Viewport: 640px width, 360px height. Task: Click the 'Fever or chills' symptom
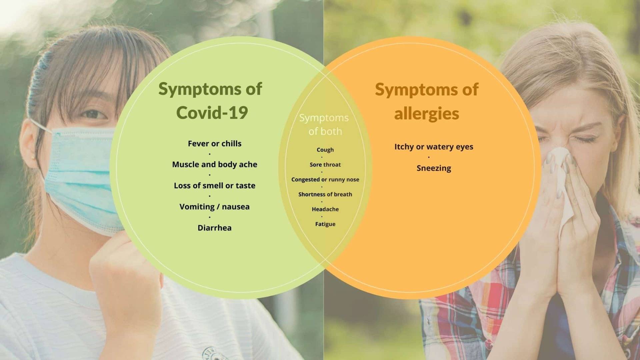(214, 144)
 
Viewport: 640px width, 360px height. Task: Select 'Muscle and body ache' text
(214, 165)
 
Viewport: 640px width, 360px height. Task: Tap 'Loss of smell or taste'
(214, 186)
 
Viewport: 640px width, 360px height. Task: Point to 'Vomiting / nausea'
(214, 207)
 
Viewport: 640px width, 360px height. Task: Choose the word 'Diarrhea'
(214, 228)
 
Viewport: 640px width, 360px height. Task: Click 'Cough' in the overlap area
(325, 150)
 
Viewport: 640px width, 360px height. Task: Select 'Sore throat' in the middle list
(325, 165)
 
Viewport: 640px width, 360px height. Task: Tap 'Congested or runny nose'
(325, 180)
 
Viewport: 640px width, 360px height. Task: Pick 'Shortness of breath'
(325, 194)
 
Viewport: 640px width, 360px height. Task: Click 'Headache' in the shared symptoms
(325, 209)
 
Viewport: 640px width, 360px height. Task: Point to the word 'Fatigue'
(325, 224)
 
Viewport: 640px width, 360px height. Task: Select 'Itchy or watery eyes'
(434, 147)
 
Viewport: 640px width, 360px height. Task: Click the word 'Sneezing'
(434, 168)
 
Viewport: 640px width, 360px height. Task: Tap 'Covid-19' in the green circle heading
(212, 113)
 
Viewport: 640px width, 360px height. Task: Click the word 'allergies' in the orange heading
(426, 114)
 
